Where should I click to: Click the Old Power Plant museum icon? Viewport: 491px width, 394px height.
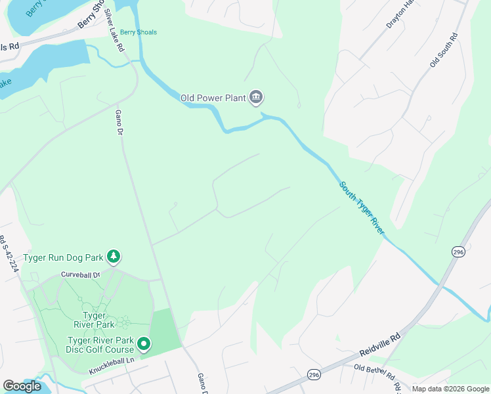256,98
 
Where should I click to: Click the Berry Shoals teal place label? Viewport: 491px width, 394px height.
138,32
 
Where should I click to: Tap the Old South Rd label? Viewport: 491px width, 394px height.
442,49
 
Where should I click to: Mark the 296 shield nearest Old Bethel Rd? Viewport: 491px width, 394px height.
314,374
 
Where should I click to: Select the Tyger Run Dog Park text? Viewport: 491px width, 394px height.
64,257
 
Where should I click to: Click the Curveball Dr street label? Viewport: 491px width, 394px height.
79,274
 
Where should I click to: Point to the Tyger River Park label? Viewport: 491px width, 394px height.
98,320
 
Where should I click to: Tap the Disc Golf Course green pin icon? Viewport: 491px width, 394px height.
143,343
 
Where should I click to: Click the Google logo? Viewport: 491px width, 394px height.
22,385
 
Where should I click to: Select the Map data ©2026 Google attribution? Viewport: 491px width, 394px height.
450,389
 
